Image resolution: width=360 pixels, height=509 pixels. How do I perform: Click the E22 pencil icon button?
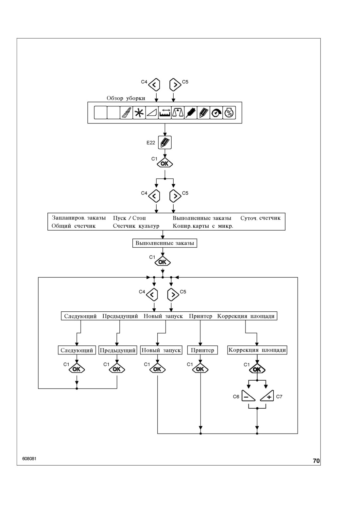coord(165,142)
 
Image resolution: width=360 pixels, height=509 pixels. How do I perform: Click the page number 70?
coord(316,461)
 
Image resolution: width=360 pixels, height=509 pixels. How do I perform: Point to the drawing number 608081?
coord(29,459)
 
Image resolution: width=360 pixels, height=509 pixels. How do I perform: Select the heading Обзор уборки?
coord(126,98)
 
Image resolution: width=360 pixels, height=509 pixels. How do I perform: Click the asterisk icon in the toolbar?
coord(139,112)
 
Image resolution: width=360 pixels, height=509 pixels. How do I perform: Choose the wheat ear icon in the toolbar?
coord(190,112)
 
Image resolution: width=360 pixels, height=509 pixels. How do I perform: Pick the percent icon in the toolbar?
coord(229,112)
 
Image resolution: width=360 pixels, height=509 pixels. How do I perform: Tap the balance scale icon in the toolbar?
coord(178,112)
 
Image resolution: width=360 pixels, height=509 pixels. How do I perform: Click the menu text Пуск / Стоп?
coord(129,218)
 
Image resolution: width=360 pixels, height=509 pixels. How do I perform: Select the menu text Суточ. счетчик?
coord(260,218)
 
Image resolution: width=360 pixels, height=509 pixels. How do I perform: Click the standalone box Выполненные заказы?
coord(165,243)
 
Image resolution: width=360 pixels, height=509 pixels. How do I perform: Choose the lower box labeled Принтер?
coord(202,350)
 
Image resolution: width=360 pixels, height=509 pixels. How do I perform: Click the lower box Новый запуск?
coord(161,350)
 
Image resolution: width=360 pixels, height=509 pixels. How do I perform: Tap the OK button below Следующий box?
coord(77,369)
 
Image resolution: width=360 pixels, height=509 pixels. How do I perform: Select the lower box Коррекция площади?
coord(257,350)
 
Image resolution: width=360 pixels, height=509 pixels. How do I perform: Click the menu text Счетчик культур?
coord(136,226)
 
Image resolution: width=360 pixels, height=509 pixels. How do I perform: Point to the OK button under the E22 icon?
coord(165,163)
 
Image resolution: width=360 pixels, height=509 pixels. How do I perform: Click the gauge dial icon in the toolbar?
coord(216,112)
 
